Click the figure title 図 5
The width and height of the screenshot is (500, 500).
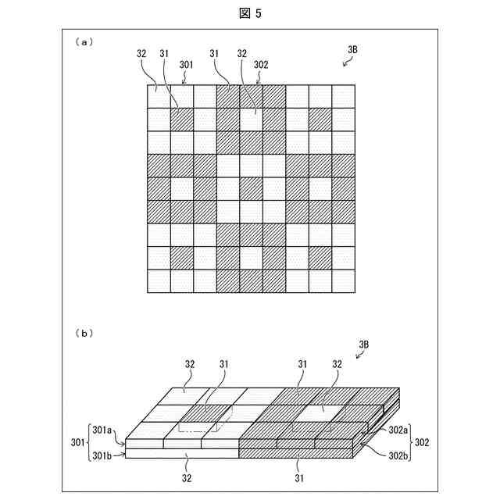250,13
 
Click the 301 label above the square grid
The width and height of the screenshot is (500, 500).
188,65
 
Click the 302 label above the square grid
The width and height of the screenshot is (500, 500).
261,65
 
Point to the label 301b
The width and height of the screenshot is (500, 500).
102,452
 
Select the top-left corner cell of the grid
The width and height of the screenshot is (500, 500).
159,96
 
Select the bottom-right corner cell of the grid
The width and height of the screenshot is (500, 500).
344,280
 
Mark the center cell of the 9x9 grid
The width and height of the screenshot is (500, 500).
251,188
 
